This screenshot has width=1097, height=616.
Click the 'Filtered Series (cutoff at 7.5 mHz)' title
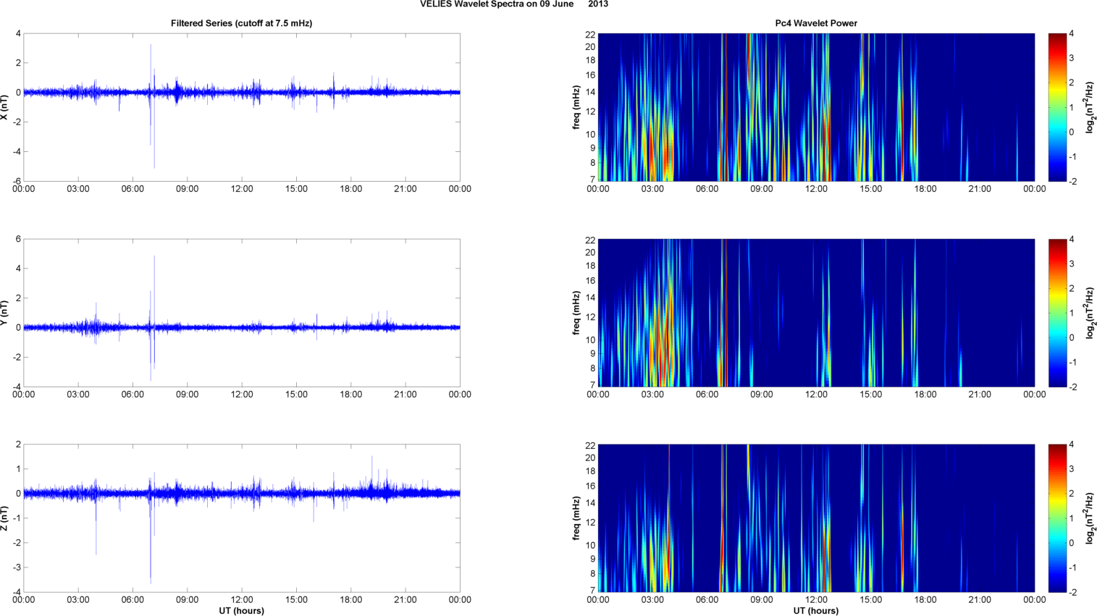[x=241, y=23]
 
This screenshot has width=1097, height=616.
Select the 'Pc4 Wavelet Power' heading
[x=816, y=23]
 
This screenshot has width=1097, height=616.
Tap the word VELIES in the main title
[x=434, y=4]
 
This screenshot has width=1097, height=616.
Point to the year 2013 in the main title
[x=598, y=4]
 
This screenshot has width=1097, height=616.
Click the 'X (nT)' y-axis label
[x=5, y=107]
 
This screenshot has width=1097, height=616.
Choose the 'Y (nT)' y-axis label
[x=5, y=313]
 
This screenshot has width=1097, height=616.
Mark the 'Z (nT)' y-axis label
[x=5, y=518]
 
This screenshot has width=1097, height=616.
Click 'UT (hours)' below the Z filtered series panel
[x=241, y=610]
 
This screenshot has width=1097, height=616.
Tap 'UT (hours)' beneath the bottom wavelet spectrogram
[x=816, y=610]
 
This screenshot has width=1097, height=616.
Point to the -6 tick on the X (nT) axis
[x=17, y=181]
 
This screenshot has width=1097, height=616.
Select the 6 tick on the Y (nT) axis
[x=19, y=239]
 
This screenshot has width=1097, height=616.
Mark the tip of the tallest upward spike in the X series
[x=151, y=45]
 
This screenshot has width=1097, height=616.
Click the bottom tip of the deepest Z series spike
[x=151, y=583]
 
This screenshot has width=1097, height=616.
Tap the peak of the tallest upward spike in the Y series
[x=154, y=256]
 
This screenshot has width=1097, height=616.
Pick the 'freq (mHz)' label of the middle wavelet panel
[x=576, y=313]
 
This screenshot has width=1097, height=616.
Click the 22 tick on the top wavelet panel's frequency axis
[x=590, y=34]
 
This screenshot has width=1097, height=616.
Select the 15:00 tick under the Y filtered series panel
[x=296, y=395]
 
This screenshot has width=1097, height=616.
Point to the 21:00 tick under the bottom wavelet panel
[x=980, y=600]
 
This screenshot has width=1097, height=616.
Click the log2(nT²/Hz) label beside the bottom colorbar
[x=1090, y=518]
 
